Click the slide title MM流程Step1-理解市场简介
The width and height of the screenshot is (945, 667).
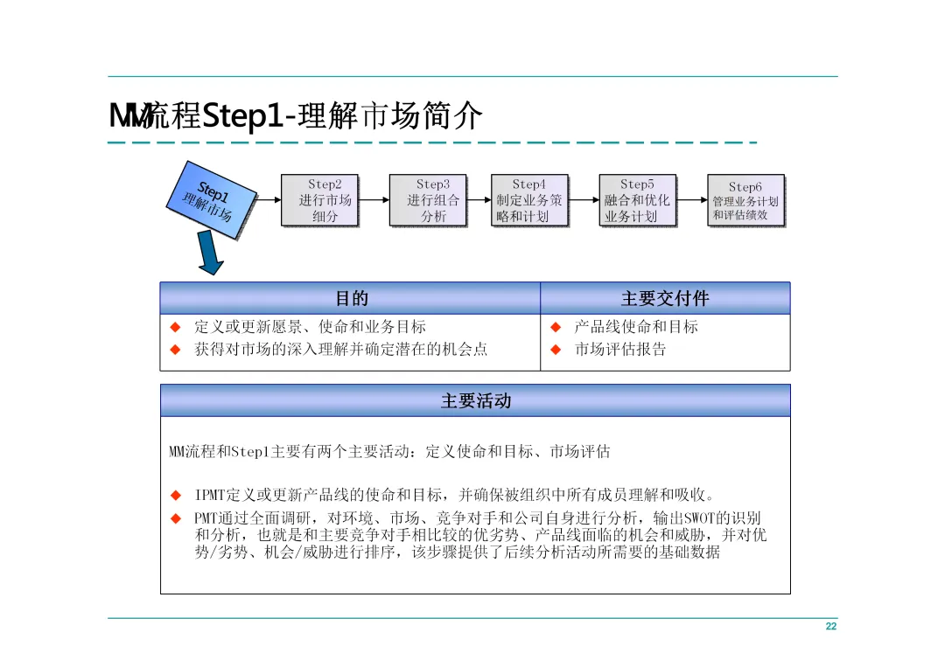(x=296, y=116)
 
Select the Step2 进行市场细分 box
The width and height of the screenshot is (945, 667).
(x=320, y=200)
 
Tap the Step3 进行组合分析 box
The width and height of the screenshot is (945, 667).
(x=428, y=200)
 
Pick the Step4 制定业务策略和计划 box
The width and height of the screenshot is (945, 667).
(x=529, y=200)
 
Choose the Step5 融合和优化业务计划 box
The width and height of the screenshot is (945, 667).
(x=637, y=200)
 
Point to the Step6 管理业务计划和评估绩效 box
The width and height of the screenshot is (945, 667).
(x=745, y=200)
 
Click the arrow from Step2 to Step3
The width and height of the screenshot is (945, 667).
(x=374, y=199)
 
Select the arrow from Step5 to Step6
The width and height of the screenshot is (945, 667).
(x=692, y=199)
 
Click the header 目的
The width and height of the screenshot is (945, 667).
(x=351, y=299)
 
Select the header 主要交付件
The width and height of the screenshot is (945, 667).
(x=665, y=299)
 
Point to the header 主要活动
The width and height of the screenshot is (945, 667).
(x=475, y=401)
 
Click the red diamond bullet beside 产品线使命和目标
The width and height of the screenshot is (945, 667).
(x=555, y=328)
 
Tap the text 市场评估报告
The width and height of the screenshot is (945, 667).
(x=620, y=350)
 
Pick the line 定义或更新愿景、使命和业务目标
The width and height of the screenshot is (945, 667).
(x=310, y=327)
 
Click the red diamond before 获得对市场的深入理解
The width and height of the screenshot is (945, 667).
(x=175, y=350)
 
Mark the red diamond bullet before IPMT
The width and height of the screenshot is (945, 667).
(x=175, y=496)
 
